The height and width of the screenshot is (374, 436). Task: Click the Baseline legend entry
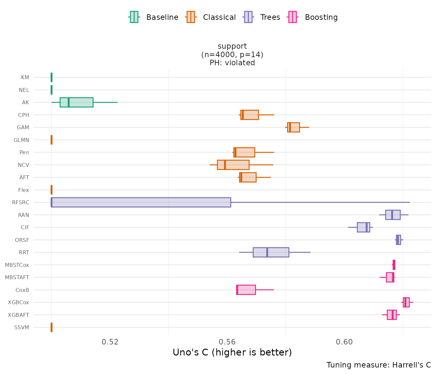[x=154, y=17]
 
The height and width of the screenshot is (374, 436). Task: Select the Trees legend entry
[x=262, y=17]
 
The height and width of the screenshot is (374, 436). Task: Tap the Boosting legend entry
[x=313, y=17]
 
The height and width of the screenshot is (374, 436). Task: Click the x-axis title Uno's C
[x=232, y=353]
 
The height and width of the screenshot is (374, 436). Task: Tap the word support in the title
[x=232, y=46]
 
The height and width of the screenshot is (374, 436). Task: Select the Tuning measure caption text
[x=379, y=365]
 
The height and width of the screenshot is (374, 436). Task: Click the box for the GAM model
[x=294, y=127]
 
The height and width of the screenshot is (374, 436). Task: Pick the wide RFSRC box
[x=141, y=202]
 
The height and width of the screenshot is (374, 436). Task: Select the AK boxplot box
[x=77, y=102]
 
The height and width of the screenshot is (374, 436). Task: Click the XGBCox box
[x=406, y=302]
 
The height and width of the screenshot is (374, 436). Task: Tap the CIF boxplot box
[x=363, y=227]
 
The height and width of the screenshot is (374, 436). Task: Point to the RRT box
[x=271, y=252]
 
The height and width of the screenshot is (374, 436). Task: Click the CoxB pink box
[x=246, y=290]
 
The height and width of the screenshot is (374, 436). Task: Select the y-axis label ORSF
[x=22, y=240]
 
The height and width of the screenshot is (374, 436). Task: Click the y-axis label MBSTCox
[x=17, y=265]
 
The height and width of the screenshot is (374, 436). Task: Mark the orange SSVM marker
[x=52, y=327]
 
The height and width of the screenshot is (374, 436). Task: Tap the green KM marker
[x=52, y=77]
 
